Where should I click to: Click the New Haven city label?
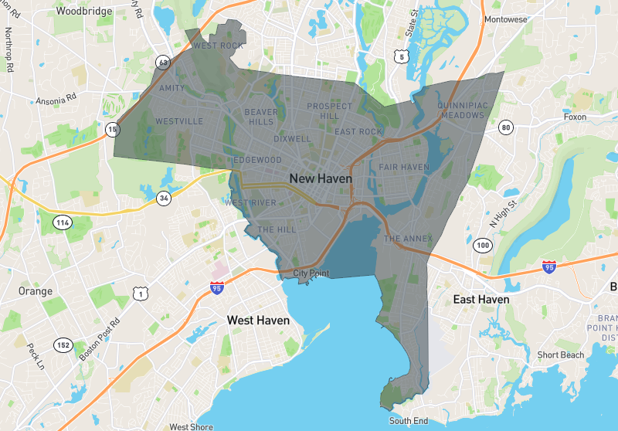tap(321, 178)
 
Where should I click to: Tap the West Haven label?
tap(258, 320)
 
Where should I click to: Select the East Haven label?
tap(480, 299)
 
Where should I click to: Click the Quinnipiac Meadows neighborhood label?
tap(460, 110)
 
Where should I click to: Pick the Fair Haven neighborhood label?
tap(403, 167)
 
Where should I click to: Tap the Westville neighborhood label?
tap(179, 121)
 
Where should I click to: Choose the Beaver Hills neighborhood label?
tap(261, 117)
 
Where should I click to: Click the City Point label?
tap(311, 273)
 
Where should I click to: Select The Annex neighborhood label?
tap(408, 239)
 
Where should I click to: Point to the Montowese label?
tap(507, 19)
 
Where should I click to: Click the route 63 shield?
tap(162, 61)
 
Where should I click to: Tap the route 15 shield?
tap(114, 129)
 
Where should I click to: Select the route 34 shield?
tap(163, 198)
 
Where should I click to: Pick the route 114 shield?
tap(63, 222)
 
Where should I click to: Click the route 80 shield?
tap(506, 127)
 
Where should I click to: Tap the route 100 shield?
tap(484, 246)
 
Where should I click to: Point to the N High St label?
tap(503, 212)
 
